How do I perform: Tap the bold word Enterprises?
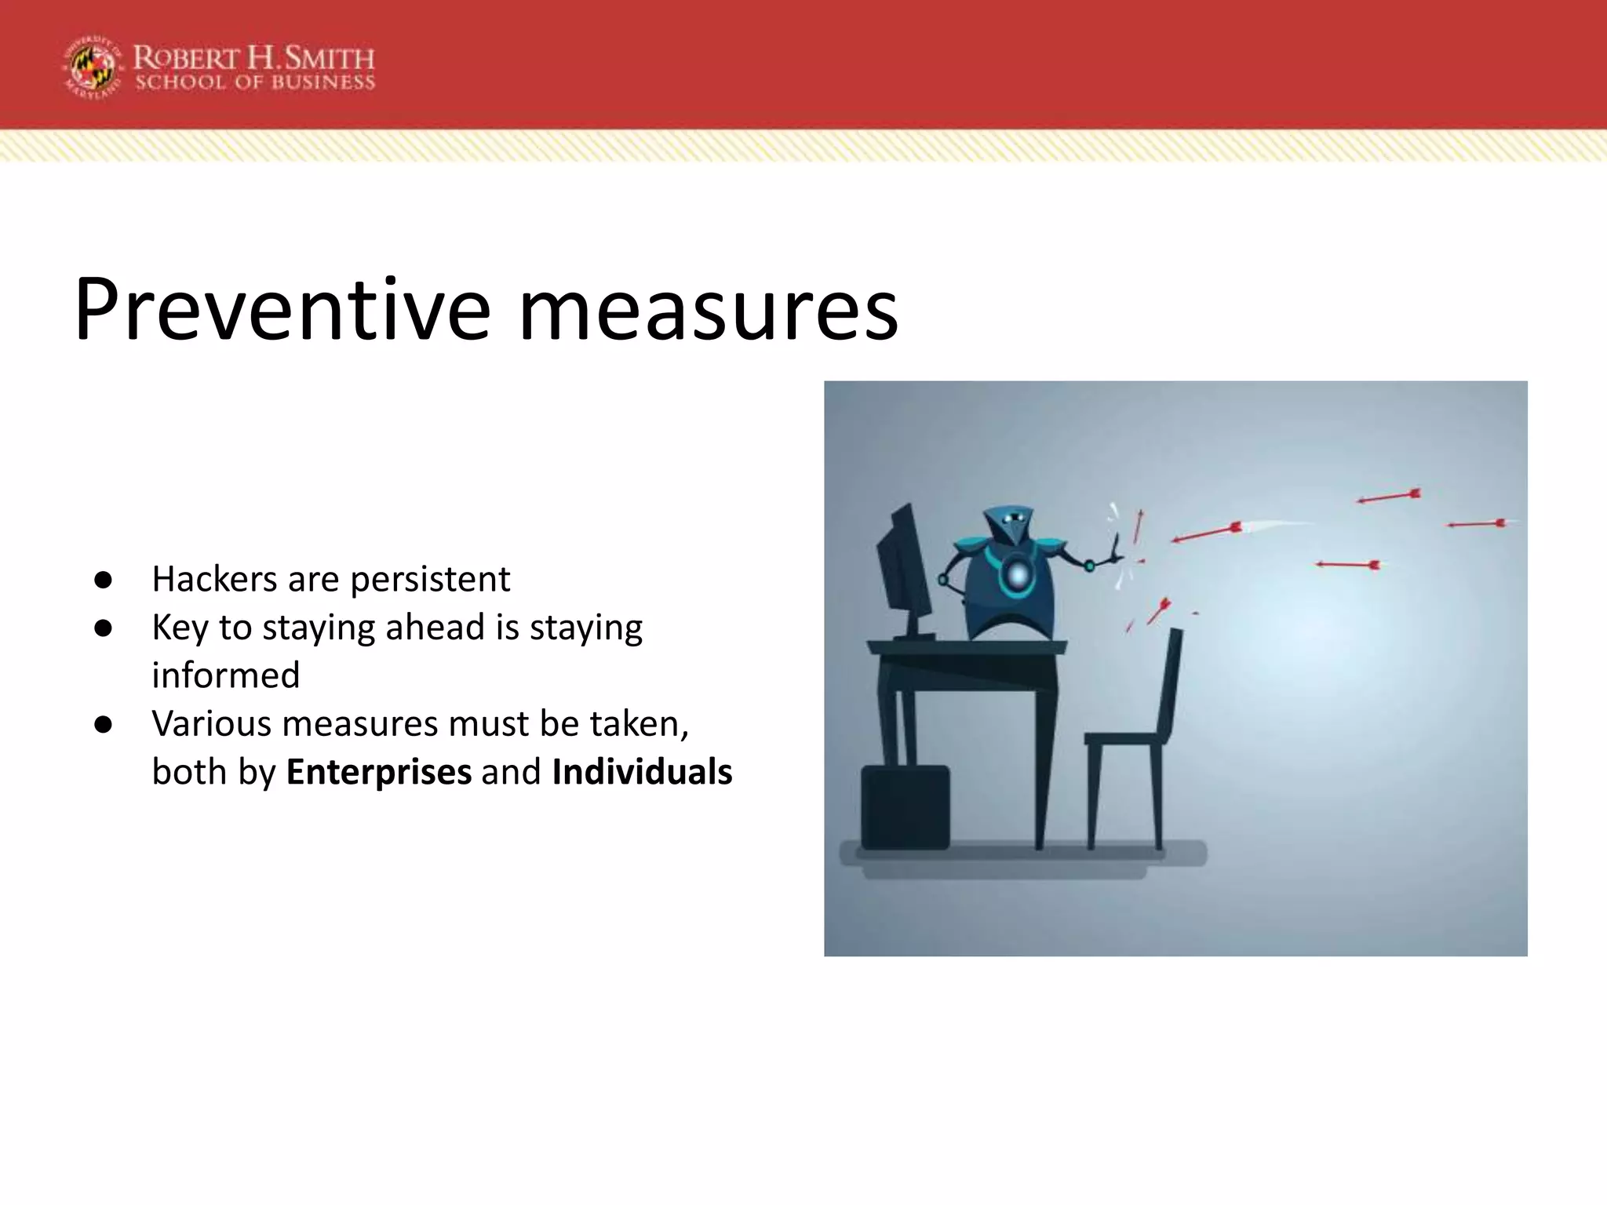coord(379,771)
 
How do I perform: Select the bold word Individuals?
coord(642,771)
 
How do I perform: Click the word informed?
coord(226,675)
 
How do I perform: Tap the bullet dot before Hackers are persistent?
coord(103,580)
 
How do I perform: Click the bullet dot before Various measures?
coord(103,724)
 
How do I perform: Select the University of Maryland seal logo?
coord(93,67)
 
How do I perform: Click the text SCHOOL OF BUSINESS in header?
coord(255,83)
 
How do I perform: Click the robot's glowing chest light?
coord(1018,575)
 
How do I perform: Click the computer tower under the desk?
coord(905,806)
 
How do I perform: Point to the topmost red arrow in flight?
coord(1389,497)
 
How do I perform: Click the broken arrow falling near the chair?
coord(1159,610)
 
